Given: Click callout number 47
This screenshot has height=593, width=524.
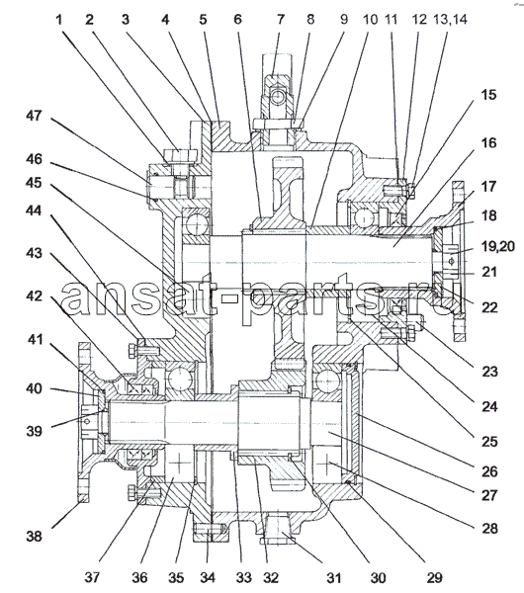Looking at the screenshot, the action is [x=34, y=116].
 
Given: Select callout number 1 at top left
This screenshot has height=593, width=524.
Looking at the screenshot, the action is [x=58, y=20].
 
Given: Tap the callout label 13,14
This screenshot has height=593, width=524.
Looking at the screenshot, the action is [x=450, y=19].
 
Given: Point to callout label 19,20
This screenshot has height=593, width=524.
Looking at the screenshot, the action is [x=497, y=246].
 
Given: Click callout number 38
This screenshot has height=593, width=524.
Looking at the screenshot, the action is [x=34, y=536].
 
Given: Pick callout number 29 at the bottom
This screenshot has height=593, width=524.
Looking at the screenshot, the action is [x=434, y=577].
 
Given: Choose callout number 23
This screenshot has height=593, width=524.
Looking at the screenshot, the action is [x=489, y=372].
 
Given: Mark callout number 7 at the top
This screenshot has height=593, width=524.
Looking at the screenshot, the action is [x=281, y=20].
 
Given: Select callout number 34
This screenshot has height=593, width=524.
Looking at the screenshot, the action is [x=208, y=577].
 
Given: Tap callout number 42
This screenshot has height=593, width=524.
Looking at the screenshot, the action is [x=34, y=296].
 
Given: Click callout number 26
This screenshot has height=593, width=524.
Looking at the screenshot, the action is [x=489, y=471].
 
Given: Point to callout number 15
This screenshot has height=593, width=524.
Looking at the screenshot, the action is [x=488, y=95].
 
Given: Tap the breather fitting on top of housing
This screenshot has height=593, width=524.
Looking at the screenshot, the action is [x=277, y=97].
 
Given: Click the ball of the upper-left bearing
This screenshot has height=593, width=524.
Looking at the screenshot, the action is [x=197, y=225].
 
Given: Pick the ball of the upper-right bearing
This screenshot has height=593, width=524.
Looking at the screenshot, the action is [x=363, y=218].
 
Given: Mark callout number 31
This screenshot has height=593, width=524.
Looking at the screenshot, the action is [x=334, y=577].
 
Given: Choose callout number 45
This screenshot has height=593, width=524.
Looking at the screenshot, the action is [x=34, y=183].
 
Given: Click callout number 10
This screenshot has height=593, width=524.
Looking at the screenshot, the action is [x=370, y=20].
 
